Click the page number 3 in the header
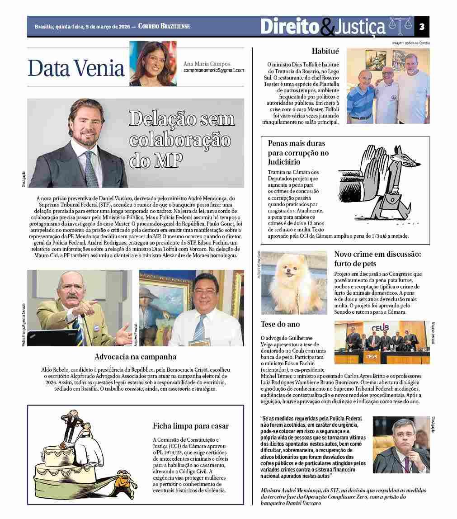[421, 26]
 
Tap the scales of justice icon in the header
[400, 26]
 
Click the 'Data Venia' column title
[76, 68]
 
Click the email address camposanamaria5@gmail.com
[214, 71]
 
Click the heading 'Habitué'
[325, 51]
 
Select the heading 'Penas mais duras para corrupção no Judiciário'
[298, 152]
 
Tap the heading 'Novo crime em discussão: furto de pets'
[377, 259]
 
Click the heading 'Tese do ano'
[280, 324]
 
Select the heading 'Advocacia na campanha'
[136, 357]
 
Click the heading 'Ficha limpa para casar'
[191, 426]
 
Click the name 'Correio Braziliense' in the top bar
[164, 26]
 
